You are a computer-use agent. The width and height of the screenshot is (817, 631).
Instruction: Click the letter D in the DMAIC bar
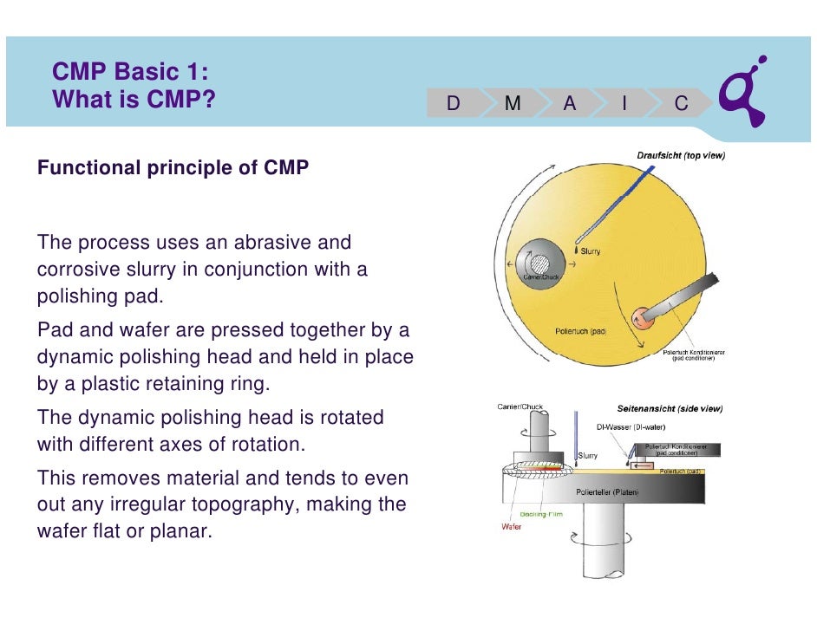tap(453, 104)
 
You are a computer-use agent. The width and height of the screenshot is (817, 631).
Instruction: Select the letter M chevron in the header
tap(513, 104)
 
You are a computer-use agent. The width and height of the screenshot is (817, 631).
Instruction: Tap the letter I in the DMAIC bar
tap(624, 104)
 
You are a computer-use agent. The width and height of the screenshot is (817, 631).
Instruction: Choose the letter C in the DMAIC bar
tap(682, 104)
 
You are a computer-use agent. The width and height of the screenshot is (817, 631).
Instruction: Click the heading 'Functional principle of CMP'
tap(173, 168)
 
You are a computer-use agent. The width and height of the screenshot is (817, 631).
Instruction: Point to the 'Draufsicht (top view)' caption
tap(681, 156)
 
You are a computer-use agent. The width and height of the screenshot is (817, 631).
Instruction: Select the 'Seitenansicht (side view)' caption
tap(670, 408)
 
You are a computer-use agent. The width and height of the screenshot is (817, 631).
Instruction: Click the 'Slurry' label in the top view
tap(590, 252)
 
